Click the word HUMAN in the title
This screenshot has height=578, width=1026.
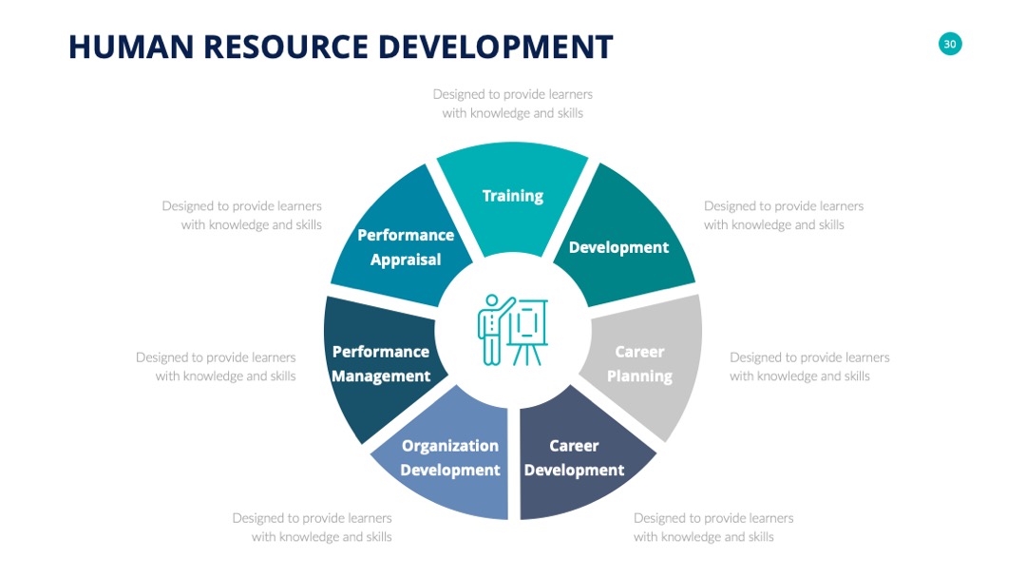[x=131, y=48]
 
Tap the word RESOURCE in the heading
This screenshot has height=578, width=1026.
[x=285, y=48]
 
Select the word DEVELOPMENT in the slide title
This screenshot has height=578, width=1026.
[x=495, y=48]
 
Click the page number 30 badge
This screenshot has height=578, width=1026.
[x=949, y=44]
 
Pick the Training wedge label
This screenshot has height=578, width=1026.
[x=512, y=196]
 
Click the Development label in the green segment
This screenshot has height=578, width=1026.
[x=618, y=247]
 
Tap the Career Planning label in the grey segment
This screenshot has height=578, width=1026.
[x=639, y=364]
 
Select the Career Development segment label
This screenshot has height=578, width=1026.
[x=574, y=457]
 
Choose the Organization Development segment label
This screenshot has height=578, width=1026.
[x=450, y=457]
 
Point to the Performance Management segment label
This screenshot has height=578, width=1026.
[x=381, y=364]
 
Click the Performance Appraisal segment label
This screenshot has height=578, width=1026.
[x=406, y=247]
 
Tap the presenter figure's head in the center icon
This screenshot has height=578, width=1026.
[x=491, y=300]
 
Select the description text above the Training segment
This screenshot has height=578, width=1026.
[x=512, y=104]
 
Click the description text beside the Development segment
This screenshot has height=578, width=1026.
[x=783, y=216]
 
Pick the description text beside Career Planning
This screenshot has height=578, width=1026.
[x=809, y=367]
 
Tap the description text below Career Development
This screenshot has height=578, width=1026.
[x=713, y=527]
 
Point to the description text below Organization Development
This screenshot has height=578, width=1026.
[x=313, y=527]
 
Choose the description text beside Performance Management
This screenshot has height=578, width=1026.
[x=216, y=367]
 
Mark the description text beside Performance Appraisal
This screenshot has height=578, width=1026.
[x=242, y=216]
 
